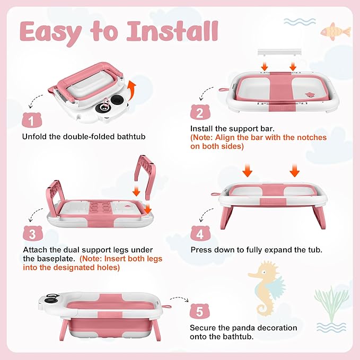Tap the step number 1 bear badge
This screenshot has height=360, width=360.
[33, 119]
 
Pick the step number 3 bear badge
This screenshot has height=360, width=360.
[33, 233]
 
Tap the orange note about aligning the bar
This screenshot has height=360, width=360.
[258, 142]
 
